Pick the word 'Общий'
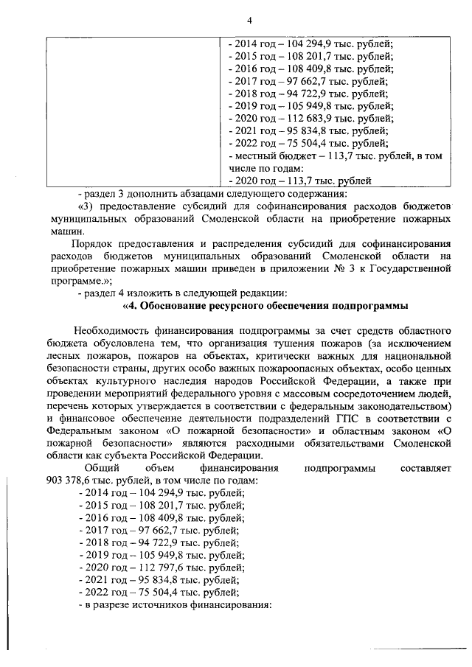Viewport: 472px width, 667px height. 101,467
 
